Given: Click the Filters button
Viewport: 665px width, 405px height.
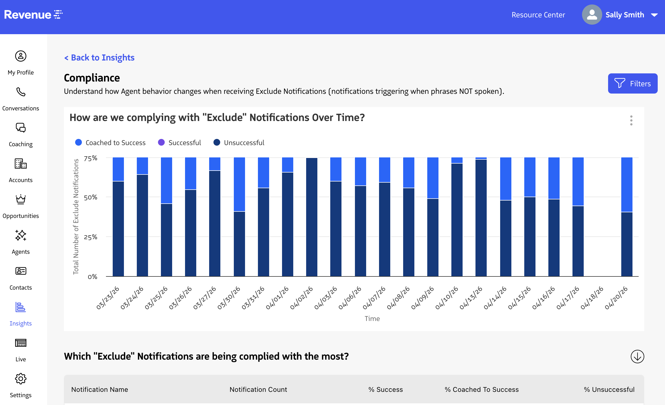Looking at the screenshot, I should pos(632,83).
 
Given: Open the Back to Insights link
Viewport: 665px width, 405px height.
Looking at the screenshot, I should pos(99,57).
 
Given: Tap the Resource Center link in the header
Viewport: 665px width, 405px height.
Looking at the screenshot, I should pos(538,15).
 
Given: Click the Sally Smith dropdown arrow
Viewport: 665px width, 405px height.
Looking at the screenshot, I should pos(654,15).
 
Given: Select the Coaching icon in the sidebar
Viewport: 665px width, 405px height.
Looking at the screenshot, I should pos(21,128).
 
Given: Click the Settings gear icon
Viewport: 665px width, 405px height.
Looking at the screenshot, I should pos(21,379).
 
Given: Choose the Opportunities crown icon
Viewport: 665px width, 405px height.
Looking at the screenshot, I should pos(21,199).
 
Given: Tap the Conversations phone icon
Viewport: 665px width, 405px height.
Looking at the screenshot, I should pos(21,92).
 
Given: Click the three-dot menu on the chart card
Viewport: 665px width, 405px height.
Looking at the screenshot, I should pos(631,120).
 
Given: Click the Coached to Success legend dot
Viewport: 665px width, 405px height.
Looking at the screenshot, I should pos(78,143).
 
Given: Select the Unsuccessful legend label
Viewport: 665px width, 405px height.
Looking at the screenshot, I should pos(244,143).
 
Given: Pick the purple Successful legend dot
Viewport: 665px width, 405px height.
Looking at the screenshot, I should pos(161,143).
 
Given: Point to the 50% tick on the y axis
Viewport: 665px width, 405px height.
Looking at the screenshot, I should pos(91,197).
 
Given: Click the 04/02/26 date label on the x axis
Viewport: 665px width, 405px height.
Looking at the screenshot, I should pos(301,298).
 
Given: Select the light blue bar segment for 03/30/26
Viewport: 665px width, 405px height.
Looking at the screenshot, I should pos(239,184).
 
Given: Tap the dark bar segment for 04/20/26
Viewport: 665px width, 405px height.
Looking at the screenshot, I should pos(627,244).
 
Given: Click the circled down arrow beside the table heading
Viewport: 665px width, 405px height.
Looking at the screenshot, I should pos(637,357).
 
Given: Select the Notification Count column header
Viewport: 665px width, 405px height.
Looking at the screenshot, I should pos(258,390).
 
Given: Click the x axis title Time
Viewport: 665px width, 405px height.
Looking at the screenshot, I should pos(372,319).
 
